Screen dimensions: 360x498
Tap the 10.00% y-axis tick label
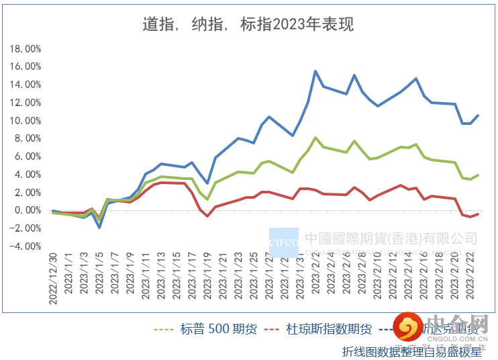pyautogui.click(x=26, y=121)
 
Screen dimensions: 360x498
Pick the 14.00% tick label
pyautogui.click(x=26, y=85)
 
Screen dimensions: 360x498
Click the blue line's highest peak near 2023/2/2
pyautogui.click(x=315, y=71)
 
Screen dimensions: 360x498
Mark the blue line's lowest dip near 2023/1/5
pyautogui.click(x=99, y=228)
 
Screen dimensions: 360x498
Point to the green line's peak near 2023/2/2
pyautogui.click(x=315, y=138)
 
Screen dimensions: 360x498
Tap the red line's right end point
pyautogui.click(x=477, y=214)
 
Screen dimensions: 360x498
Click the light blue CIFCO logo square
pyautogui.click(x=283, y=242)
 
